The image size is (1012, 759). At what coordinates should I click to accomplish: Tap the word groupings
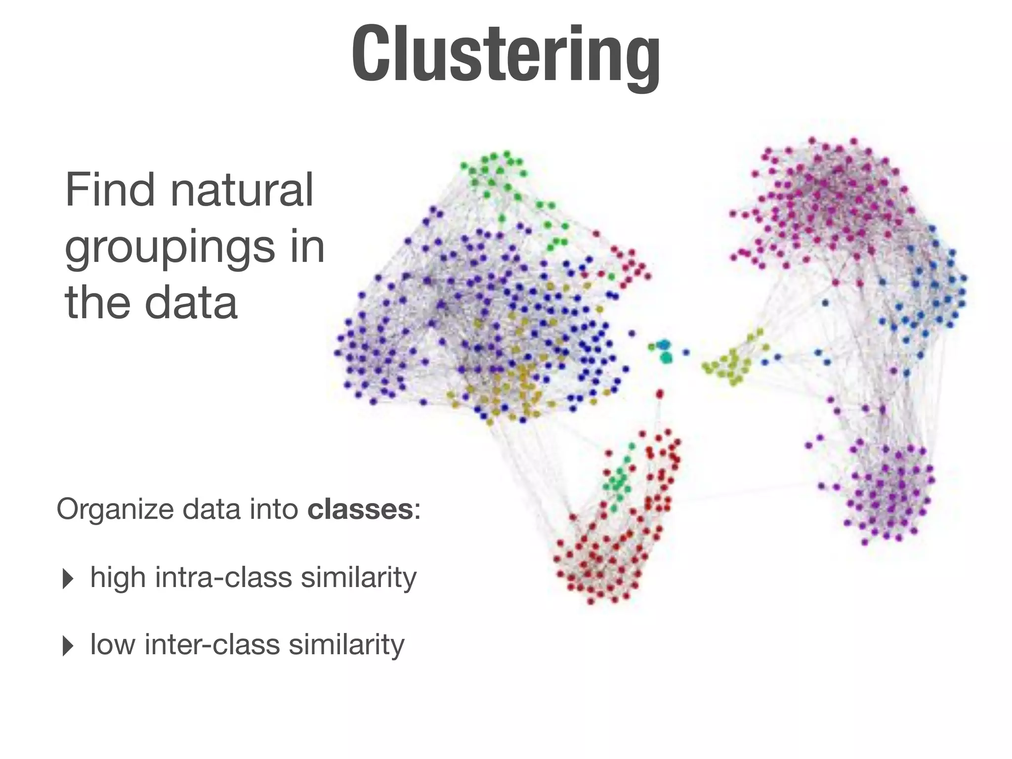pos(169,248)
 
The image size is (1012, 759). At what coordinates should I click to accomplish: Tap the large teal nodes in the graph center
pos(665,351)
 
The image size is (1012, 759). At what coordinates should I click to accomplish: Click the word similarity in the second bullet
pos(346,644)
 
